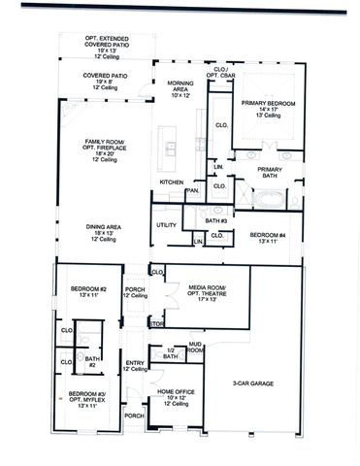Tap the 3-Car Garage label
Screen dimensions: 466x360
252,383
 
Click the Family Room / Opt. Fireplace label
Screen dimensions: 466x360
104,147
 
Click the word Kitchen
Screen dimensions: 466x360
172,183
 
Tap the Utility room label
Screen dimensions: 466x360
166,225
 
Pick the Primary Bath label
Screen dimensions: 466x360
270,173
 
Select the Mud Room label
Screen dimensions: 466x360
195,347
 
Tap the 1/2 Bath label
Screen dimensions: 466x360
171,353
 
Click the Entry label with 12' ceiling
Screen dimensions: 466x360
136,366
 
